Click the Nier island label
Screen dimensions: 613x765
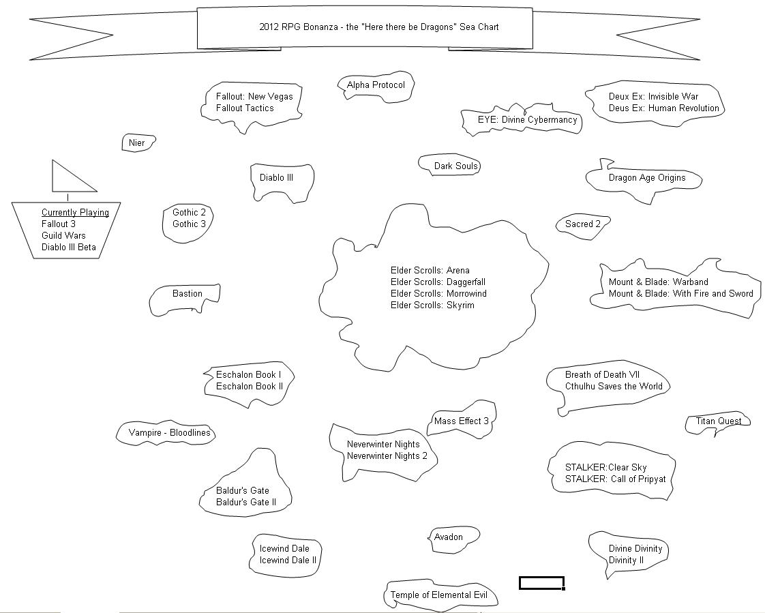(136, 143)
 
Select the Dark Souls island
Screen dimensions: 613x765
(456, 166)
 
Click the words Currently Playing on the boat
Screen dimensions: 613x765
(75, 213)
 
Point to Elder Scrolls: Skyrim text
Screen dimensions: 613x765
(432, 305)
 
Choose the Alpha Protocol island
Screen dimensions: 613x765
(376, 85)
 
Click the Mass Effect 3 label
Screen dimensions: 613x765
(462, 421)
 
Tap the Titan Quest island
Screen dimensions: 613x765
(719, 421)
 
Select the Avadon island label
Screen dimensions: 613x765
(449, 537)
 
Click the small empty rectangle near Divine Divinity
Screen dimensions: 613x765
(541, 583)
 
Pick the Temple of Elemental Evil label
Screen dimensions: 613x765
(439, 595)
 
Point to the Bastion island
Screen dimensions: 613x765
(187, 295)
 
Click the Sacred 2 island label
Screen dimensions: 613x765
(583, 224)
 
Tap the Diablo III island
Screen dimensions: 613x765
(277, 178)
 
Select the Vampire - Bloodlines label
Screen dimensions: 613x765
(169, 433)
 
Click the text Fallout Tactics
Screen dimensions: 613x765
(245, 108)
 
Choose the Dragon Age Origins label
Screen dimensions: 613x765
(647, 178)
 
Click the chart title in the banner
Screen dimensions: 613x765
(378, 27)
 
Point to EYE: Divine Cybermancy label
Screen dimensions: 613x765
(527, 120)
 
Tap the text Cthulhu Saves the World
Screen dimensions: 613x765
(614, 387)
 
